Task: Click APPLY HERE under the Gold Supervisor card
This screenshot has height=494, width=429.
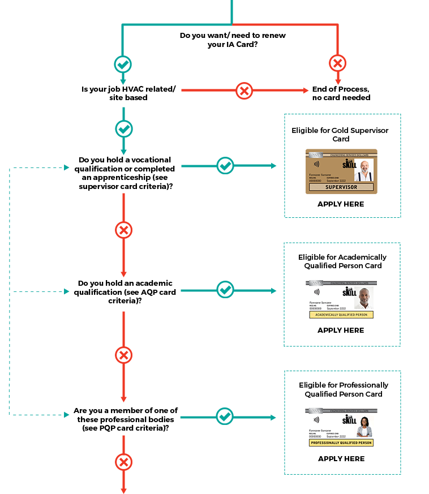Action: coord(341,204)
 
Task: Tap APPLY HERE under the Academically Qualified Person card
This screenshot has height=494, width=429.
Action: coord(341,330)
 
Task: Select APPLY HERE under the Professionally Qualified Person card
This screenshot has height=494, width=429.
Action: coord(341,459)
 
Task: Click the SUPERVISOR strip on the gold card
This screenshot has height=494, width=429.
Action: coord(341,187)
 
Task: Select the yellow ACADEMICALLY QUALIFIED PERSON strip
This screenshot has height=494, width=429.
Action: coord(341,315)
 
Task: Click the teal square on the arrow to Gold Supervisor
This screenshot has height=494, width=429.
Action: coord(225,166)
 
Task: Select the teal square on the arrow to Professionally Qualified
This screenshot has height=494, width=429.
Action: coord(225,416)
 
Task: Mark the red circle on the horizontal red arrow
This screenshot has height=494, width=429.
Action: coord(244,90)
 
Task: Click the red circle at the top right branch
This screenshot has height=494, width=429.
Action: coord(338,62)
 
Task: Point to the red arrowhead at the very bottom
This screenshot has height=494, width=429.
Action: coord(123,490)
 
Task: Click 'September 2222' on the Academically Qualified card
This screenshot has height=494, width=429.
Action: coord(333,308)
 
